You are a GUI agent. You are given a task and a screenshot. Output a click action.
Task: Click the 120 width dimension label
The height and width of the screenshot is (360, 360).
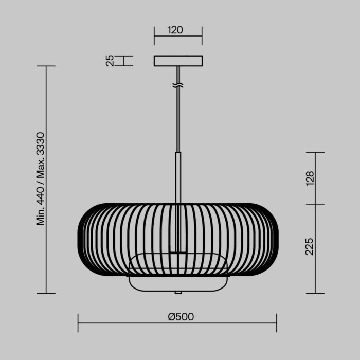tap(175, 30)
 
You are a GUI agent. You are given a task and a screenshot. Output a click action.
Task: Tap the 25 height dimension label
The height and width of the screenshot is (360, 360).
tap(110, 61)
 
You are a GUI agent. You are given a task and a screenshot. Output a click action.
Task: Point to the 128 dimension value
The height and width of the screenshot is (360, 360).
tap(310, 178)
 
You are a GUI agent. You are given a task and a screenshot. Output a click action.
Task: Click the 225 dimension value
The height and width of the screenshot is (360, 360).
tap(310, 247)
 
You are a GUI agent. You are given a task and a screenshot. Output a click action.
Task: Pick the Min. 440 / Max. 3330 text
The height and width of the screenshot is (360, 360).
tap(41, 178)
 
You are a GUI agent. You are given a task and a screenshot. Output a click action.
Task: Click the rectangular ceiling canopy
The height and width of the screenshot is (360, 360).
tap(178, 61)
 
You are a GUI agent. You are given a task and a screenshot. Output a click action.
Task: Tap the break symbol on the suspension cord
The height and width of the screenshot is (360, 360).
tap(178, 84)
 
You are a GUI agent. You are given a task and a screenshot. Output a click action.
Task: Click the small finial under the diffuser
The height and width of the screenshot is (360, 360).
tap(178, 292)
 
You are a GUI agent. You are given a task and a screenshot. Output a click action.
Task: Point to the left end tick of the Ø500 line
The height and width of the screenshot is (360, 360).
tap(78, 323)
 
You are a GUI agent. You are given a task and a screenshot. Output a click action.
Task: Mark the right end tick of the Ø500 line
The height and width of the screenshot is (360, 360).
tap(277, 323)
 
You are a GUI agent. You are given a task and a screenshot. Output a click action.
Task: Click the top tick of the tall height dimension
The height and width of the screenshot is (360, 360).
tap(46, 66)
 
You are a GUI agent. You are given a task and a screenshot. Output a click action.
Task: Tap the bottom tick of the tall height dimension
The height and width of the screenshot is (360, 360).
tap(46, 294)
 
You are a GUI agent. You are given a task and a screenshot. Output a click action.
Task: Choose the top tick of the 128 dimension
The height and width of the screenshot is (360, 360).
tap(315, 153)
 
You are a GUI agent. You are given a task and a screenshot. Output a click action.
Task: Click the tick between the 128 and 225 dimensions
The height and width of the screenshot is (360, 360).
tap(315, 204)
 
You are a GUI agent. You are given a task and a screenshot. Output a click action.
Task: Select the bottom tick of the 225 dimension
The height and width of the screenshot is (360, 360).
tap(315, 294)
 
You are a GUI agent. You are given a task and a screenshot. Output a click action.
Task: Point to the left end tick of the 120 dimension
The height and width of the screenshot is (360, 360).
tap(154, 36)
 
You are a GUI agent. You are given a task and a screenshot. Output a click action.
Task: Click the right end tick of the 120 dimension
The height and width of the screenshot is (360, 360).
tap(202, 36)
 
